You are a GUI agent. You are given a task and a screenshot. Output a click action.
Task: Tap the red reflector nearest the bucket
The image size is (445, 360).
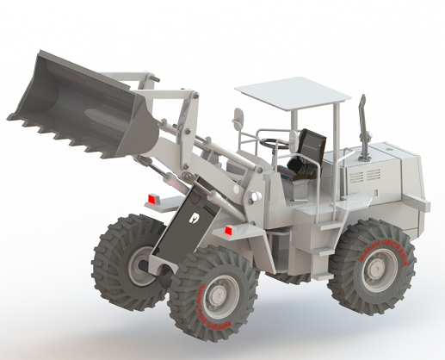[x=153, y=200]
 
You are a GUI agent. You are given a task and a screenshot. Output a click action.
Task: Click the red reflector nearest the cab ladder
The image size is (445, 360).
[x=229, y=231]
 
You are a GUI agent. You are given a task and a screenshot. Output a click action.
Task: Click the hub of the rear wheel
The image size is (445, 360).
[x=375, y=267]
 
